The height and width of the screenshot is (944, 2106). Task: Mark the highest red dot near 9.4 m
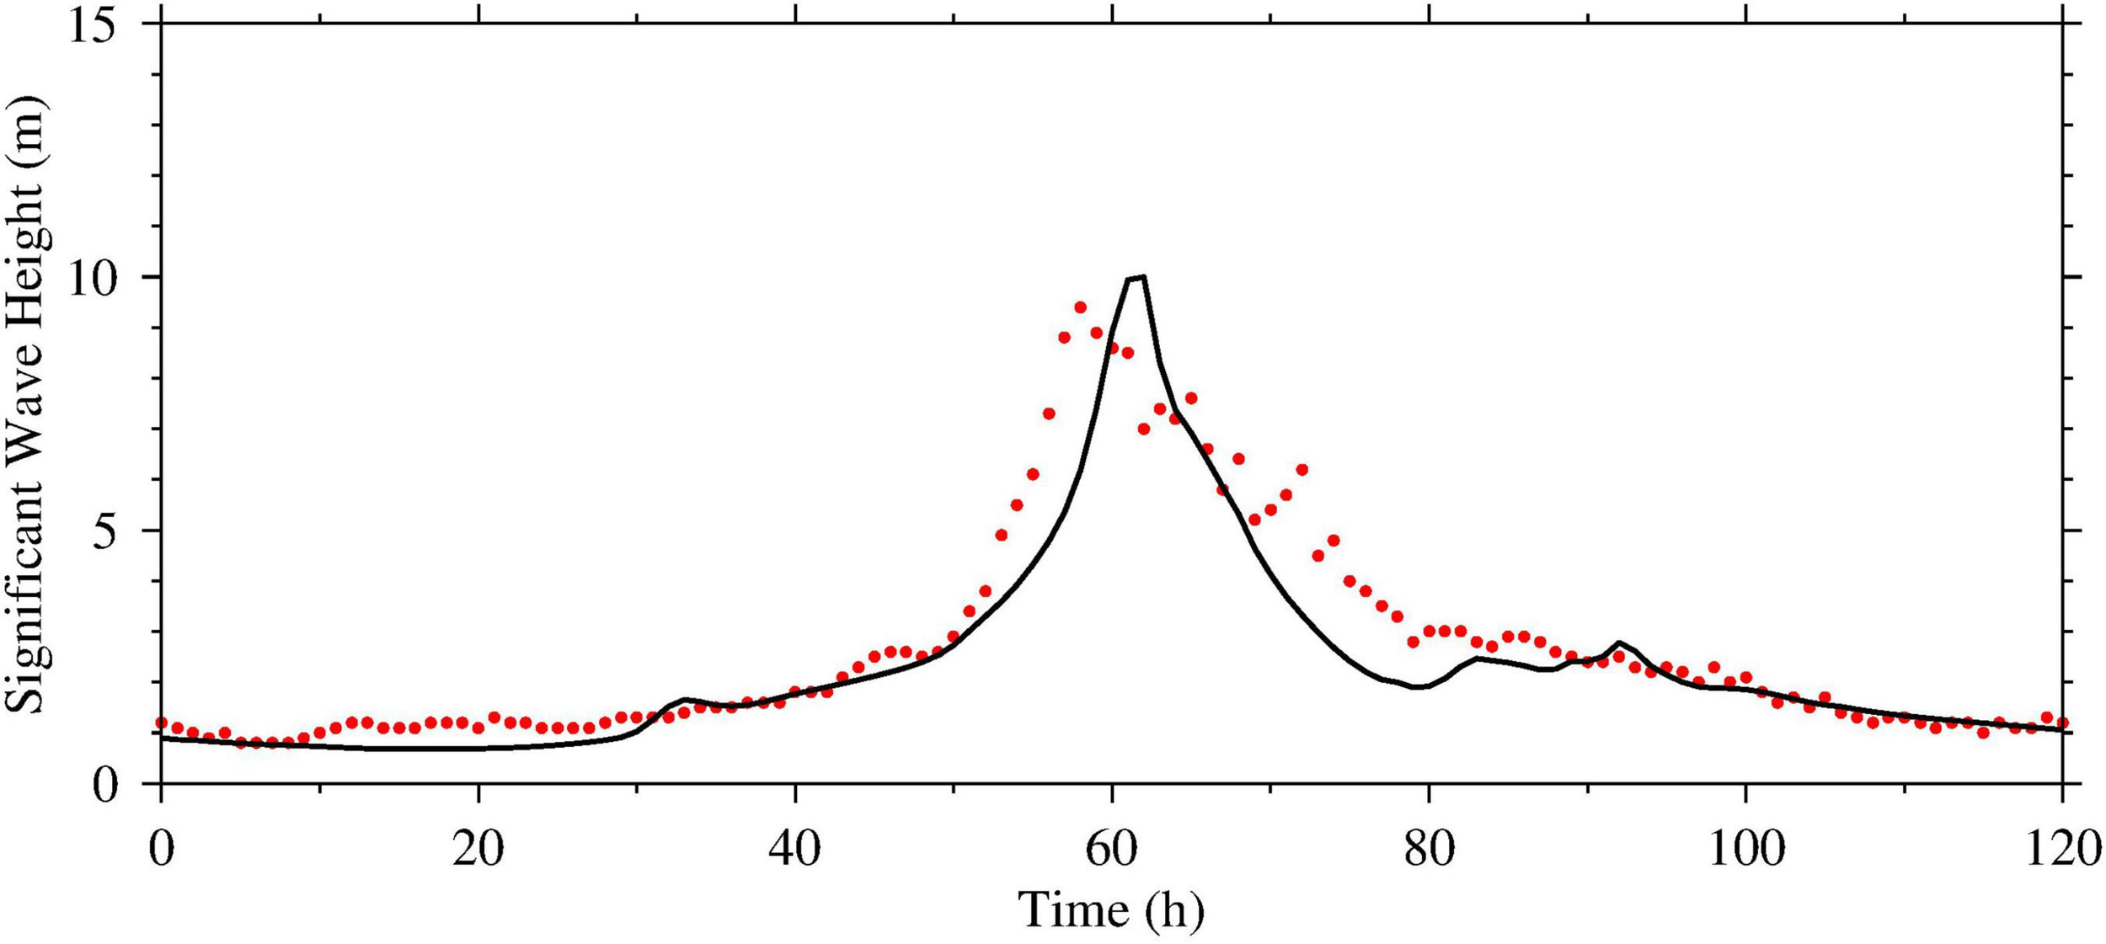coord(1080,307)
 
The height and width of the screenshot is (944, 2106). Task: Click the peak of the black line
coord(1136,277)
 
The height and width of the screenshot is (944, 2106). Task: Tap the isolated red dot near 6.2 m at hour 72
coord(1302,470)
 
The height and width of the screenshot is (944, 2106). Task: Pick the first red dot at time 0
coord(161,723)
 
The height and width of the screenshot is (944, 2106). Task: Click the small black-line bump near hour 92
coord(1619,643)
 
